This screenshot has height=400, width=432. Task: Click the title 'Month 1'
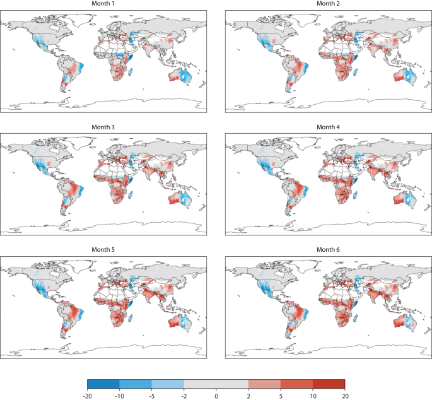pyautogui.click(x=105, y=4)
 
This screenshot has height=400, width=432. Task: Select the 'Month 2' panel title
pyautogui.click(x=328, y=4)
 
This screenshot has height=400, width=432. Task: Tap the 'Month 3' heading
pyautogui.click(x=105, y=127)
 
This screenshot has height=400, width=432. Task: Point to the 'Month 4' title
pyautogui.click(x=328, y=127)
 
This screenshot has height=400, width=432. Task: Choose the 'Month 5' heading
pyautogui.click(x=105, y=250)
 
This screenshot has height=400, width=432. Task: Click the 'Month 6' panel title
pyautogui.click(x=328, y=250)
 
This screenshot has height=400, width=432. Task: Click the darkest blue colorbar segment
pyautogui.click(x=103, y=383)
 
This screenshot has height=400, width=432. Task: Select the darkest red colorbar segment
pyautogui.click(x=329, y=383)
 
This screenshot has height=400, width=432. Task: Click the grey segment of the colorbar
pyautogui.click(x=216, y=383)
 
